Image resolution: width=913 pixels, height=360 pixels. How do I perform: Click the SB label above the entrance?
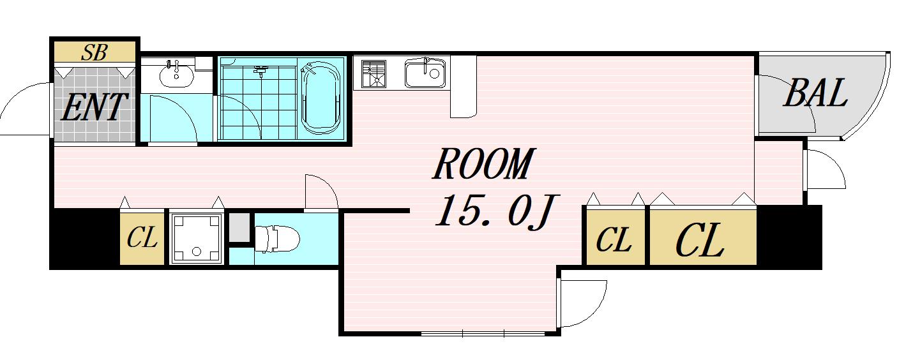[x=94, y=53]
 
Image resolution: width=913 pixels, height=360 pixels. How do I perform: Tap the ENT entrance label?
[x=94, y=107]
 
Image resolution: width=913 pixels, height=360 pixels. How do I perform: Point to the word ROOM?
[x=483, y=164]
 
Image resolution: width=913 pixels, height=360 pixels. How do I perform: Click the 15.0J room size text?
[x=497, y=211]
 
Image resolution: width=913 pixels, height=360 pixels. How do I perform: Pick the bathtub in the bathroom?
[x=321, y=98]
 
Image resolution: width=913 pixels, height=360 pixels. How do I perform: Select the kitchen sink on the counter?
[x=425, y=73]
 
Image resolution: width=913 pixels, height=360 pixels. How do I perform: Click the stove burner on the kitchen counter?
[x=373, y=74]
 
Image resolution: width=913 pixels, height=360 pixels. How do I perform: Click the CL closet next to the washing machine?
[x=142, y=238]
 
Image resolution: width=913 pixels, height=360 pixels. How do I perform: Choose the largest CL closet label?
[x=699, y=240]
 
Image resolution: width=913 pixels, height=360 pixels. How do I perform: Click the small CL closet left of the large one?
[x=614, y=239]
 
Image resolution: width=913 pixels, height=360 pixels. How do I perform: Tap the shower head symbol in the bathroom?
[x=260, y=71]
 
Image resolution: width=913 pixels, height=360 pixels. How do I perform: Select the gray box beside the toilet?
[x=239, y=227]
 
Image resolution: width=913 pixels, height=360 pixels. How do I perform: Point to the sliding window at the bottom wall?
[x=483, y=333]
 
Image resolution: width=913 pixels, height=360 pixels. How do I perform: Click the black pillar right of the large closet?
[x=789, y=237]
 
